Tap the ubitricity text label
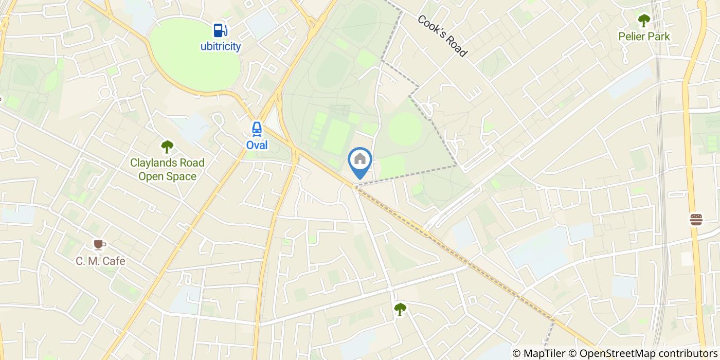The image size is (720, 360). [x=221, y=46]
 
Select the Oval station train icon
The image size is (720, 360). [x=257, y=129]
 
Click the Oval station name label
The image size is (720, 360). [x=257, y=145]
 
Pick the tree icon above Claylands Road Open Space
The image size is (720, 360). [x=167, y=147]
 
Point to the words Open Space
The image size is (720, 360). [x=167, y=176]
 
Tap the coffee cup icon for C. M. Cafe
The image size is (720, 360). [x=99, y=244]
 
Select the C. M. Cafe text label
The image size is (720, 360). [x=100, y=261]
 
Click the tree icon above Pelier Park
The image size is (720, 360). [x=644, y=21]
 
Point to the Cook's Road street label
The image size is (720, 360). [x=442, y=36]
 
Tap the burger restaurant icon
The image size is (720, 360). [x=696, y=220]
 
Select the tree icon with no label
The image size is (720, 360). [x=400, y=309]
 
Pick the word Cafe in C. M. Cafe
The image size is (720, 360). [x=114, y=261]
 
